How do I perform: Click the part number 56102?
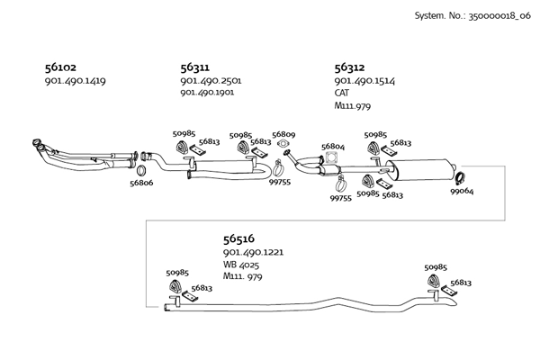click(x=60, y=67)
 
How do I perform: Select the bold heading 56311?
click(x=195, y=67)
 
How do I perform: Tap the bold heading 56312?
click(x=349, y=67)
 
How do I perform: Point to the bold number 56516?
click(x=238, y=239)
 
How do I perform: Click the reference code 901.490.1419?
click(x=75, y=81)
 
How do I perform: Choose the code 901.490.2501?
click(x=211, y=81)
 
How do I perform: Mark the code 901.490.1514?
click(x=364, y=81)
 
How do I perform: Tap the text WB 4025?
click(x=243, y=265)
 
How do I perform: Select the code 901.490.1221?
click(x=253, y=253)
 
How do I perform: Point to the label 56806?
click(x=141, y=183)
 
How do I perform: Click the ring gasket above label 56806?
click(x=142, y=169)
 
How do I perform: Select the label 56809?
click(x=283, y=133)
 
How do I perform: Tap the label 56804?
click(x=333, y=146)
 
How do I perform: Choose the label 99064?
click(x=462, y=191)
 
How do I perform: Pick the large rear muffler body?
click(x=422, y=170)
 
